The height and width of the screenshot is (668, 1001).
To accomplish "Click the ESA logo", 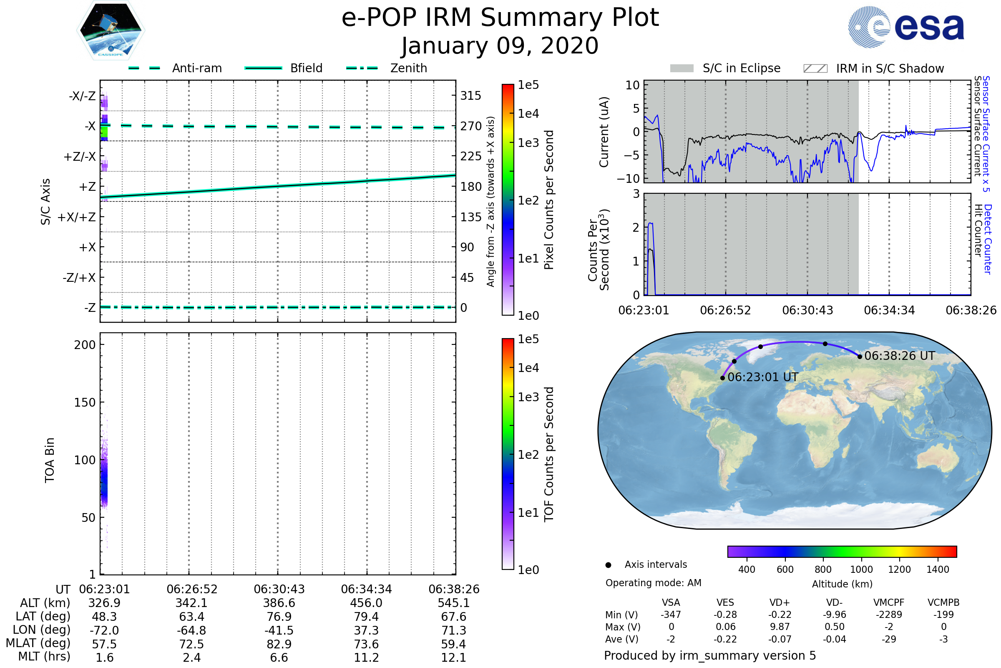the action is pos(905,27).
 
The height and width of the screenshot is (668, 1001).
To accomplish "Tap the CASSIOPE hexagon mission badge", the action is pos(111,30).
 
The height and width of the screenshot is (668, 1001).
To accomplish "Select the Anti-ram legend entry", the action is pos(175,68).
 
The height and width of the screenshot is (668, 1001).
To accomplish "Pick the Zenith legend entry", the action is pos(387,68).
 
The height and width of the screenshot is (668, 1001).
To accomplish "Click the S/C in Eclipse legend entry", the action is pos(725,68).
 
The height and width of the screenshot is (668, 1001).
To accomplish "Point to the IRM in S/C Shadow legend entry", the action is pos(873,68).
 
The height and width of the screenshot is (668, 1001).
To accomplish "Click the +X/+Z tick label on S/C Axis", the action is pos(77,217).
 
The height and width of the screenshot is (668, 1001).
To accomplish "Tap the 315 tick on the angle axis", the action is pos(471,96).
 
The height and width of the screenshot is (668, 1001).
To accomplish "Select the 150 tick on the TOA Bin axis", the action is pos(85,402).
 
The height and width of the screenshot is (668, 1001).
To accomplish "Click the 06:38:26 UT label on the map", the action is pos(899,356).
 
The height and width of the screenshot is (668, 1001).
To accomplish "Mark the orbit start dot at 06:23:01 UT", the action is pos(722,378).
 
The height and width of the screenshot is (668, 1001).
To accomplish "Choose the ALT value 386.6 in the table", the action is pos(279,603).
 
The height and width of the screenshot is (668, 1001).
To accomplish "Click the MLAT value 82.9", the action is pos(279,644).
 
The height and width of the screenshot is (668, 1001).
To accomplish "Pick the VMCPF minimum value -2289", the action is pos(889,614).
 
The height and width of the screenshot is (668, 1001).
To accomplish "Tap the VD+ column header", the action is pos(780,602).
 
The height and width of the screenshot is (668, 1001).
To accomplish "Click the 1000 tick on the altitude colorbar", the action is pos(861,569).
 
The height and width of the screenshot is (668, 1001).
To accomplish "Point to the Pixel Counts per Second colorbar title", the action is pos(549,200).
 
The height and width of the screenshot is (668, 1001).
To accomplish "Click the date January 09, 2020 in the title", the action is pos(500,46).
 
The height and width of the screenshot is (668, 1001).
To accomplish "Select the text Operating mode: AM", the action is pos(653,583).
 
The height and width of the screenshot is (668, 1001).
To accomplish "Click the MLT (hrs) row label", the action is pos(44,656).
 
